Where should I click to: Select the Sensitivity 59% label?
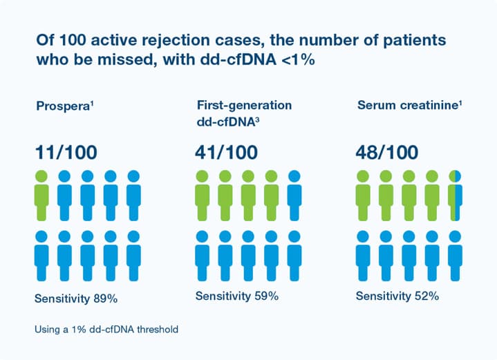pos(236,296)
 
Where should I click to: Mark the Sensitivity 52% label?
pos(397,296)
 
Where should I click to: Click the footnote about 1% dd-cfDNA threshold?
pos(106,330)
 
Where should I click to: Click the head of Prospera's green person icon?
pos(41,176)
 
